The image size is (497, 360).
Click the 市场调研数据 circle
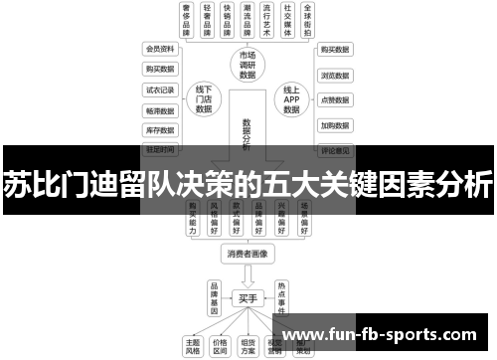[x=248, y=65]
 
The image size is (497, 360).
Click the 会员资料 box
[x=160, y=49]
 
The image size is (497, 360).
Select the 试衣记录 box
[x=160, y=90]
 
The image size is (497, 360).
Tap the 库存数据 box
[x=160, y=129]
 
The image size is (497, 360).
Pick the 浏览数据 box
[x=335, y=75]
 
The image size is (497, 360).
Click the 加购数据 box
[x=335, y=126]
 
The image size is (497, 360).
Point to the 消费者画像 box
[x=248, y=255]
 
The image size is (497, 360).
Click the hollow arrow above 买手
[x=248, y=275]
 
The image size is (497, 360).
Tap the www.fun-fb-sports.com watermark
[x=392, y=332]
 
